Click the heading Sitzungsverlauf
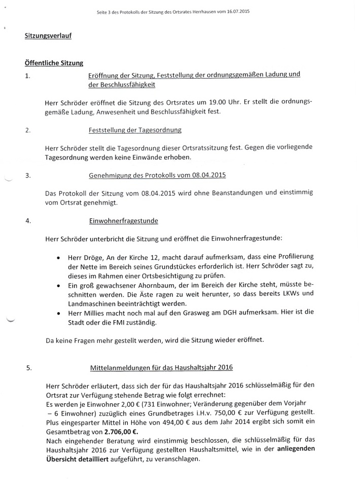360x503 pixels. [x=46, y=36]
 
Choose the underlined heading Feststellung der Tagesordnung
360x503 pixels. [x=135, y=130]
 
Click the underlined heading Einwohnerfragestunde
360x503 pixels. [x=124, y=221]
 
